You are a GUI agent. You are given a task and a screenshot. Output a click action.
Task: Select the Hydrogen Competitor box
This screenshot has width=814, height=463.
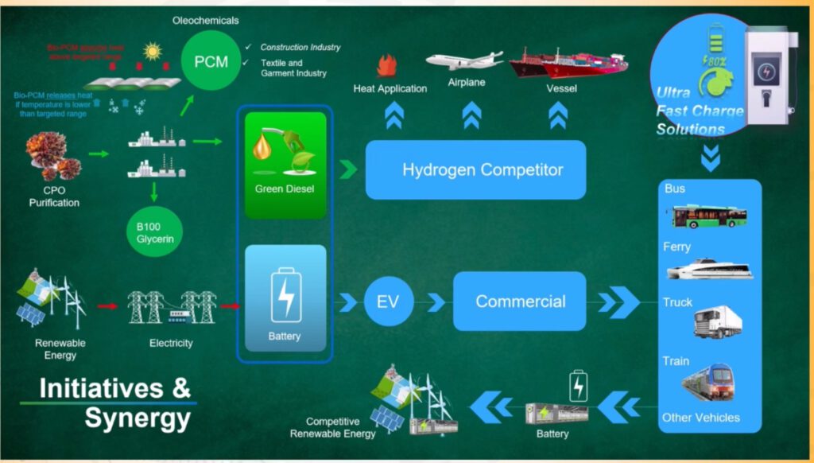tap(475, 169)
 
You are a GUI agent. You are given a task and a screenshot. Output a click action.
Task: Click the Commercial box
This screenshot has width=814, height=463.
tap(520, 302)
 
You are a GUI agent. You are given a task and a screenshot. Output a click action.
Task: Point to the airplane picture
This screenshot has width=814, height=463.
tap(464, 60)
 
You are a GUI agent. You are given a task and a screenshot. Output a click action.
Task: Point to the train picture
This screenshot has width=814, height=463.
tap(707, 384)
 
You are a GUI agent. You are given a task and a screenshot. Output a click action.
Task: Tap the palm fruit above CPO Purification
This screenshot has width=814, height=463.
tap(53, 153)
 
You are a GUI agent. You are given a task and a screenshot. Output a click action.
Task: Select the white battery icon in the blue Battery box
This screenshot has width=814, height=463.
tap(285, 296)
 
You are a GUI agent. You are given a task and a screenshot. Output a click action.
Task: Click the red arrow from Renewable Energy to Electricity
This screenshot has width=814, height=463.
tap(107, 305)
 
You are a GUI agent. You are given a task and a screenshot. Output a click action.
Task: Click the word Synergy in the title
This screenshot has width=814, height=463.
tap(138, 418)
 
